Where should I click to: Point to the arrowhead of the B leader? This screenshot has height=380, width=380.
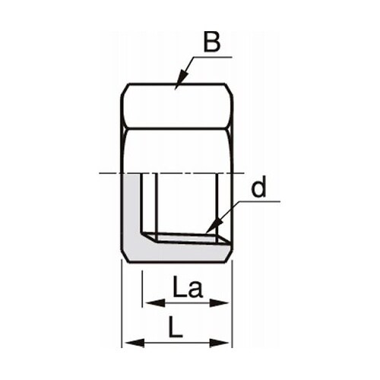tap(179, 84)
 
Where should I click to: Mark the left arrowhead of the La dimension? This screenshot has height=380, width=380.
tap(147, 302)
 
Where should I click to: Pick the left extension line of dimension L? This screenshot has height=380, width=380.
tap(123, 304)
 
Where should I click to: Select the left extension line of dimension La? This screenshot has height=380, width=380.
tap(143, 289)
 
